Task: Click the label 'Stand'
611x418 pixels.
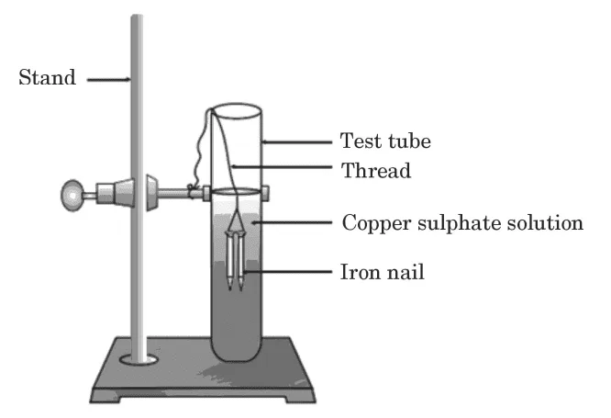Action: coord(47,77)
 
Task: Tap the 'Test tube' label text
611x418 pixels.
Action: coord(385,141)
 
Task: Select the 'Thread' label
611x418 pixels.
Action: coord(376,170)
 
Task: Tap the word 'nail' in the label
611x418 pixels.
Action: coord(405,273)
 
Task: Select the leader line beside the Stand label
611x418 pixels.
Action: coord(109,79)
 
